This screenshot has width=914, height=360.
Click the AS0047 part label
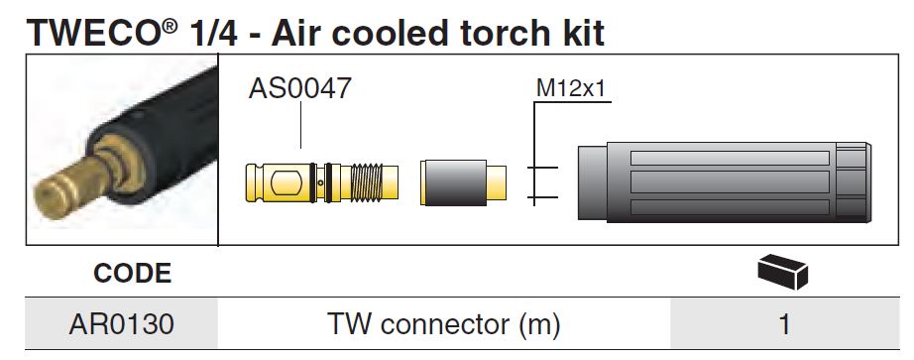299,87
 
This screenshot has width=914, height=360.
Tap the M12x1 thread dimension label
571,89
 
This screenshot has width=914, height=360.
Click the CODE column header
132,273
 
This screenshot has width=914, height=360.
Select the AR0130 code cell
121,324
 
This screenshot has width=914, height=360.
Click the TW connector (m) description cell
443,324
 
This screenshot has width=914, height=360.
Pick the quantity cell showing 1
784,324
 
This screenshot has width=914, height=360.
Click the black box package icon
782,272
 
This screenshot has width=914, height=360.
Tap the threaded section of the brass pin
367,182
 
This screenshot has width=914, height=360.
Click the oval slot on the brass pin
287,183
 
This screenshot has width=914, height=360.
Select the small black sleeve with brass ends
463,182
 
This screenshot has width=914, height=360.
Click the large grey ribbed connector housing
724,182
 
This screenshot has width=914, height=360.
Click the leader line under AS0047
300,125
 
